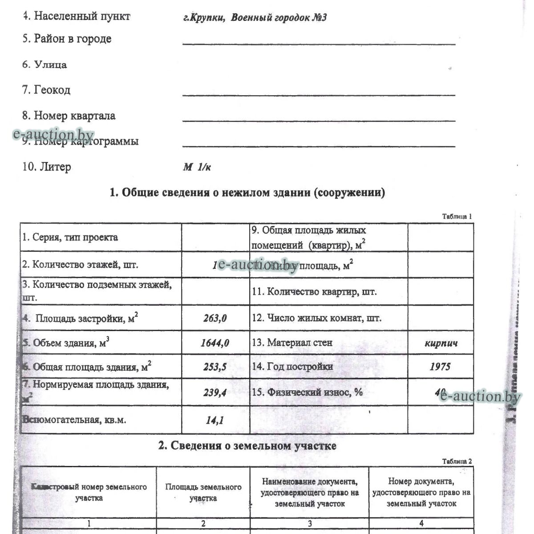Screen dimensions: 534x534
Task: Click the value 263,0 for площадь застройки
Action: (215, 318)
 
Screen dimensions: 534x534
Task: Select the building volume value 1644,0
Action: (215, 343)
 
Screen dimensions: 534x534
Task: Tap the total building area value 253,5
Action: (215, 367)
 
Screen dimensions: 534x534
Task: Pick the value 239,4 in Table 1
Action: (215, 392)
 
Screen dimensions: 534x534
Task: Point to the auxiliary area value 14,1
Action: (215, 420)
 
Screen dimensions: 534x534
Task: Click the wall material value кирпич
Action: (441, 343)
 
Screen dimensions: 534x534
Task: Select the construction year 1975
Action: (440, 367)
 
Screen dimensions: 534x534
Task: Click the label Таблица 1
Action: (457, 216)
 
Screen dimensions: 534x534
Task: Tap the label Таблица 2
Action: (457, 461)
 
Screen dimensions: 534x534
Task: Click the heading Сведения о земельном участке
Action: (247, 445)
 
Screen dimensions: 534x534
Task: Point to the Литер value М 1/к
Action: (197, 167)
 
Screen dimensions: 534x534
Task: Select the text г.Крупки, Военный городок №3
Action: (255, 18)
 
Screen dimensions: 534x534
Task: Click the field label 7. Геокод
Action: (46, 90)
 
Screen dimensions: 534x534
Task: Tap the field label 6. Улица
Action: (44, 65)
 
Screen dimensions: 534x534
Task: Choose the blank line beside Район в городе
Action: (319, 44)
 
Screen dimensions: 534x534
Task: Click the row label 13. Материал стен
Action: (299, 343)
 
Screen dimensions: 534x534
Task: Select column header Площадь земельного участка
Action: (203, 493)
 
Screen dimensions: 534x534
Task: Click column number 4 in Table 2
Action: (421, 523)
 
